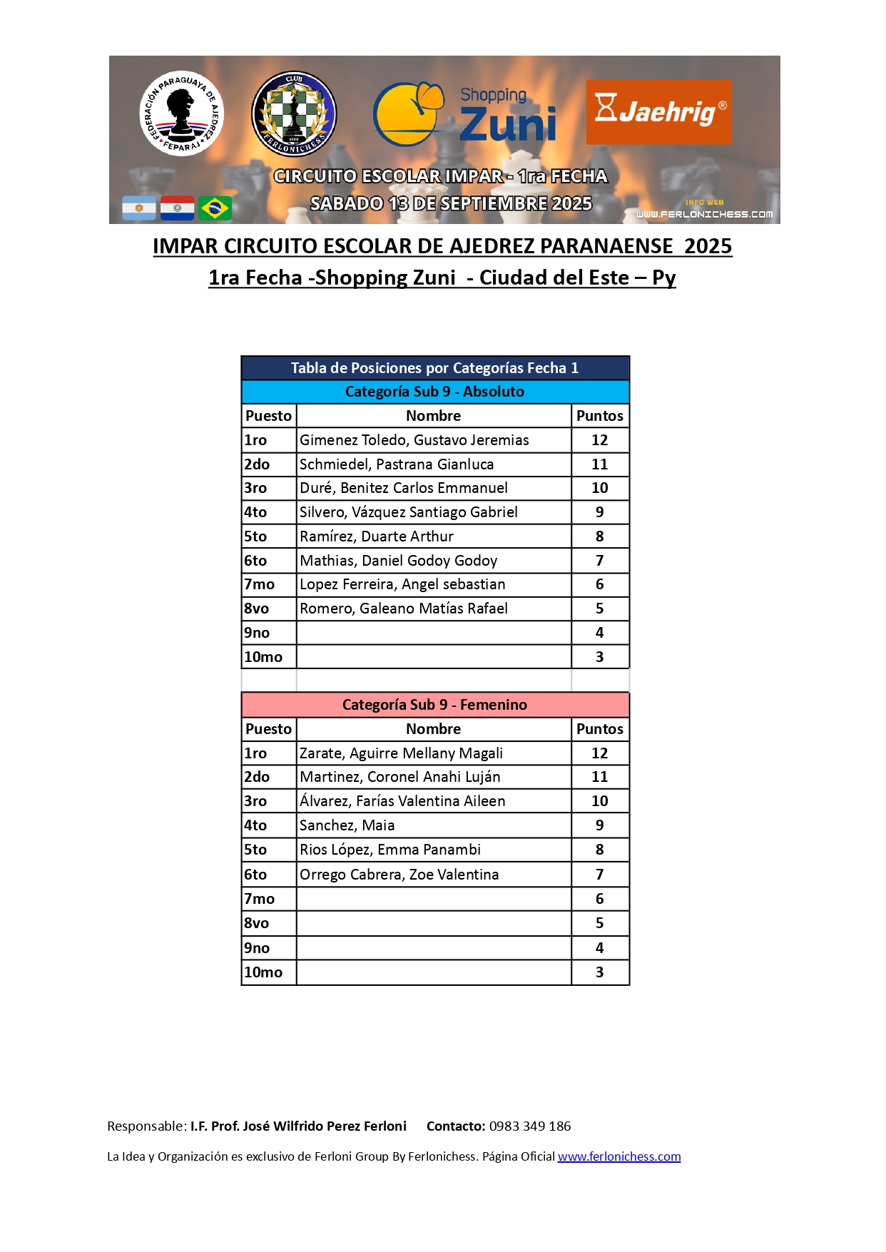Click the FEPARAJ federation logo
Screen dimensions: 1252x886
(x=181, y=113)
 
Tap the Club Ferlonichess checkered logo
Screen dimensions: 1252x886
(x=294, y=114)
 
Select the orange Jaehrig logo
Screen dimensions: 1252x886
(x=658, y=112)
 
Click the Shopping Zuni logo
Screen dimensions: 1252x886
(x=465, y=114)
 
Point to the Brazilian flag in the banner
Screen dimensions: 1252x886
(x=215, y=208)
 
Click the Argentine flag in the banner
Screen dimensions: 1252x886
(x=139, y=208)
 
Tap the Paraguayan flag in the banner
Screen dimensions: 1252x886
(x=177, y=208)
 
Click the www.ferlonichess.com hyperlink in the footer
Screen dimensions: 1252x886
(x=618, y=1156)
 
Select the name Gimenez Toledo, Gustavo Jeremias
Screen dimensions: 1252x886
(x=414, y=440)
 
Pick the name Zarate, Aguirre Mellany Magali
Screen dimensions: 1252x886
(x=401, y=753)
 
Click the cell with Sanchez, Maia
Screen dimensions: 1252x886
(x=347, y=825)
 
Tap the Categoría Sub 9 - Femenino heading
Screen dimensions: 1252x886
(x=434, y=705)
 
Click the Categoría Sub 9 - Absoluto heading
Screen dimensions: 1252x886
(x=434, y=392)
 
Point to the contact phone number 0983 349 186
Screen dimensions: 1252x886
(x=529, y=1126)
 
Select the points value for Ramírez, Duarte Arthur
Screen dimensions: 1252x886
(x=599, y=536)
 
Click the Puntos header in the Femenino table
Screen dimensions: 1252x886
(x=599, y=729)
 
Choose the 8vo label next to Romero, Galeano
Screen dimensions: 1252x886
(x=257, y=609)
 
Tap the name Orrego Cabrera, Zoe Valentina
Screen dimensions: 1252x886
(x=399, y=875)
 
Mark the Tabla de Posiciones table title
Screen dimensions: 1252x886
(x=434, y=368)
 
